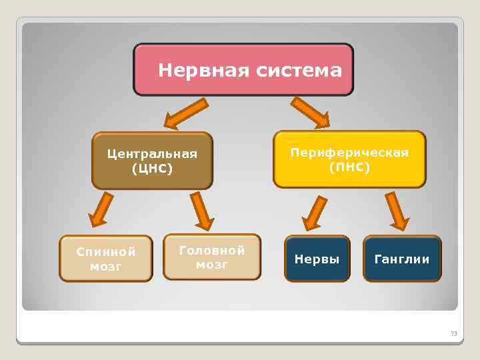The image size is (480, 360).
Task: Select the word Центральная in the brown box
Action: click(x=152, y=155)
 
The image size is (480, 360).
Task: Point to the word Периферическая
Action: click(x=349, y=153)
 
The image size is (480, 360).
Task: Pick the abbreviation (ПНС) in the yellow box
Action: click(x=349, y=167)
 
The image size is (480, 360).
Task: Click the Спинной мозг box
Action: click(x=105, y=258)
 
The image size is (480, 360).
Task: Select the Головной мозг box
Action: click(x=212, y=256)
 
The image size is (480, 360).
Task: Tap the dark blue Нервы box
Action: click(x=317, y=259)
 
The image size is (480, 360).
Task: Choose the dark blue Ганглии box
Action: click(x=402, y=259)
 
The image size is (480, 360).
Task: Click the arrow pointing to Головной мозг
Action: click(x=201, y=211)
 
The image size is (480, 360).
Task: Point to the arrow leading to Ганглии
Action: click(x=397, y=210)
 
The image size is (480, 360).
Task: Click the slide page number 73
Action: click(x=454, y=333)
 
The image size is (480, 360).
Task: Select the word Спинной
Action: click(x=105, y=252)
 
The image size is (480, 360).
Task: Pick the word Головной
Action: click(x=212, y=250)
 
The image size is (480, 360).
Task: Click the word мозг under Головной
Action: click(x=212, y=265)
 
